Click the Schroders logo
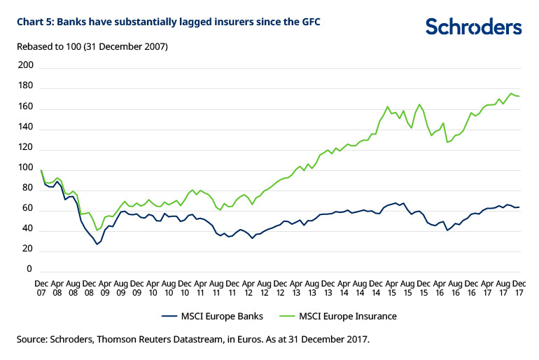click(473, 27)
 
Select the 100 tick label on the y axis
click(25, 168)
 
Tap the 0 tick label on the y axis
click(29, 270)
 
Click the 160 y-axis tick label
click(25, 107)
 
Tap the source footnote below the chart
click(192, 340)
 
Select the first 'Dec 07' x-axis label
click(41, 286)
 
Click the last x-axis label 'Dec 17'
click(519, 286)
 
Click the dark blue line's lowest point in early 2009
click(97, 244)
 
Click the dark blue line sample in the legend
click(158, 316)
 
